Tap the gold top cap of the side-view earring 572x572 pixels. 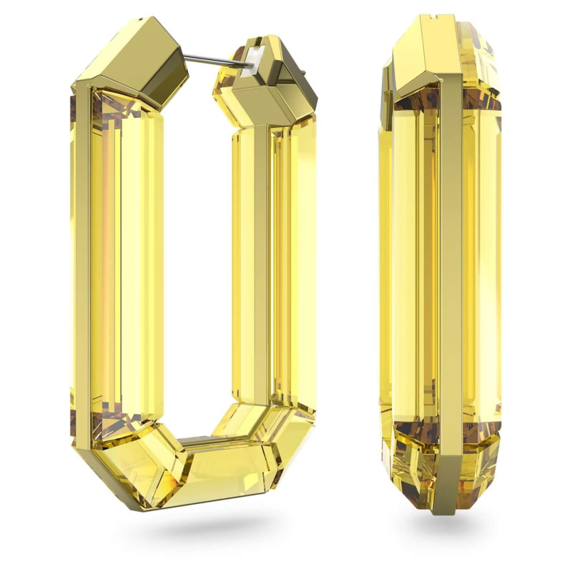(x=436, y=50)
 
